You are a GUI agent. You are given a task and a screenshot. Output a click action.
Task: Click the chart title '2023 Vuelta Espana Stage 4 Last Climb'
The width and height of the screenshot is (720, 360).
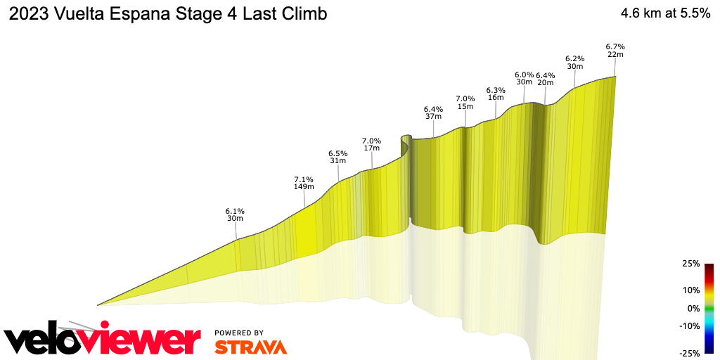167,14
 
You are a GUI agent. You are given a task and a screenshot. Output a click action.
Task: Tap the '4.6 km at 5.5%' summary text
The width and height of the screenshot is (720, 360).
664,14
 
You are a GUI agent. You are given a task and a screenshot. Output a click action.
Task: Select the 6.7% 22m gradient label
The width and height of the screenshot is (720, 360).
615,51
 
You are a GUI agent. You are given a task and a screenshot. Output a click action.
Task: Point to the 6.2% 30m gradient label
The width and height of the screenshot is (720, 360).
575,63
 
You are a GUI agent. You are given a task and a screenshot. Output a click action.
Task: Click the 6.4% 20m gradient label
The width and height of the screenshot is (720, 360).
545,79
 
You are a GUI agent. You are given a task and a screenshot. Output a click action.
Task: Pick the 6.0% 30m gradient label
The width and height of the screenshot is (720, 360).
524,78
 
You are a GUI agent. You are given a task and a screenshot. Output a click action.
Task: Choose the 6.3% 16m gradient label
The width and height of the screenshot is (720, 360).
496,94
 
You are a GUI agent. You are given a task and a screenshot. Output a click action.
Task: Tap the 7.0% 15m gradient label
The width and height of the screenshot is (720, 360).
465,103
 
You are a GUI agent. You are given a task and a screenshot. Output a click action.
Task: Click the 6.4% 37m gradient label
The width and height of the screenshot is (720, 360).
433,113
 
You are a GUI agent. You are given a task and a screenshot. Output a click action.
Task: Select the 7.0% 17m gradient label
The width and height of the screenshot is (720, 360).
371,144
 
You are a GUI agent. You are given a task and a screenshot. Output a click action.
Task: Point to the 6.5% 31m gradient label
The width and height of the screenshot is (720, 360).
337,157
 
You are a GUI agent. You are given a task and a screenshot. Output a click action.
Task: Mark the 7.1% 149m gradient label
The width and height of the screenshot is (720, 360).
304,184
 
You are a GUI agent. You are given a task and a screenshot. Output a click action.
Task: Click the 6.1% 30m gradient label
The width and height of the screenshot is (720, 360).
235,214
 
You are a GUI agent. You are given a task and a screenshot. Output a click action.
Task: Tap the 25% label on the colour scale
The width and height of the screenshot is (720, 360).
691,264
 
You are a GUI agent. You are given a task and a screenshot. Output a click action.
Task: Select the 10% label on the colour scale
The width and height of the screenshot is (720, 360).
691,290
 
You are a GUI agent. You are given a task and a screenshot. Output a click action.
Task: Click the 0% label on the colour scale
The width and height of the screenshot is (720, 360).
693,308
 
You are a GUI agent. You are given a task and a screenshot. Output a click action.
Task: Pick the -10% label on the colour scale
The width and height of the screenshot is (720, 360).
690,326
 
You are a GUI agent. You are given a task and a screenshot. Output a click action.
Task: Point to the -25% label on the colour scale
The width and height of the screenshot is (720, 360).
690,353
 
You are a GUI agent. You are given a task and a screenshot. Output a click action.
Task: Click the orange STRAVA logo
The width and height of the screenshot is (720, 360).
250,347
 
